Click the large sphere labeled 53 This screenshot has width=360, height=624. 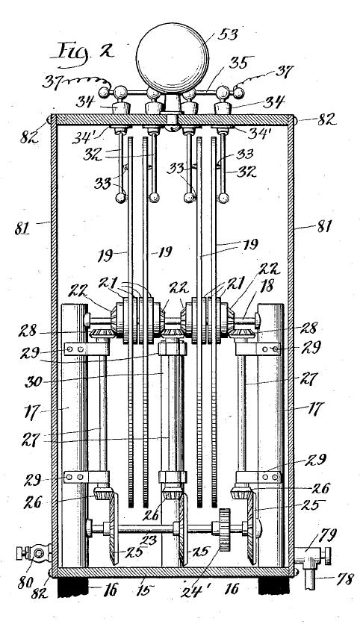173,58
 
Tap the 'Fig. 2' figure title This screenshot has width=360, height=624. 81,52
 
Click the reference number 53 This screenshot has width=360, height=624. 228,34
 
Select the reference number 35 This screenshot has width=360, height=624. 241,63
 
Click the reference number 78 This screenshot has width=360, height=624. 344,579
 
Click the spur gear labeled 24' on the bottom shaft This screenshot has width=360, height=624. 224,530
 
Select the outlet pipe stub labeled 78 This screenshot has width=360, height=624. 309,578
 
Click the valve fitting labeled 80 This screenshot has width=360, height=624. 34,553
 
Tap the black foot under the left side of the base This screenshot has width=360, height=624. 73,587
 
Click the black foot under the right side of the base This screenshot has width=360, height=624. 273,587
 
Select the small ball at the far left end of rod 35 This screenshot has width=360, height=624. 105,93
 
